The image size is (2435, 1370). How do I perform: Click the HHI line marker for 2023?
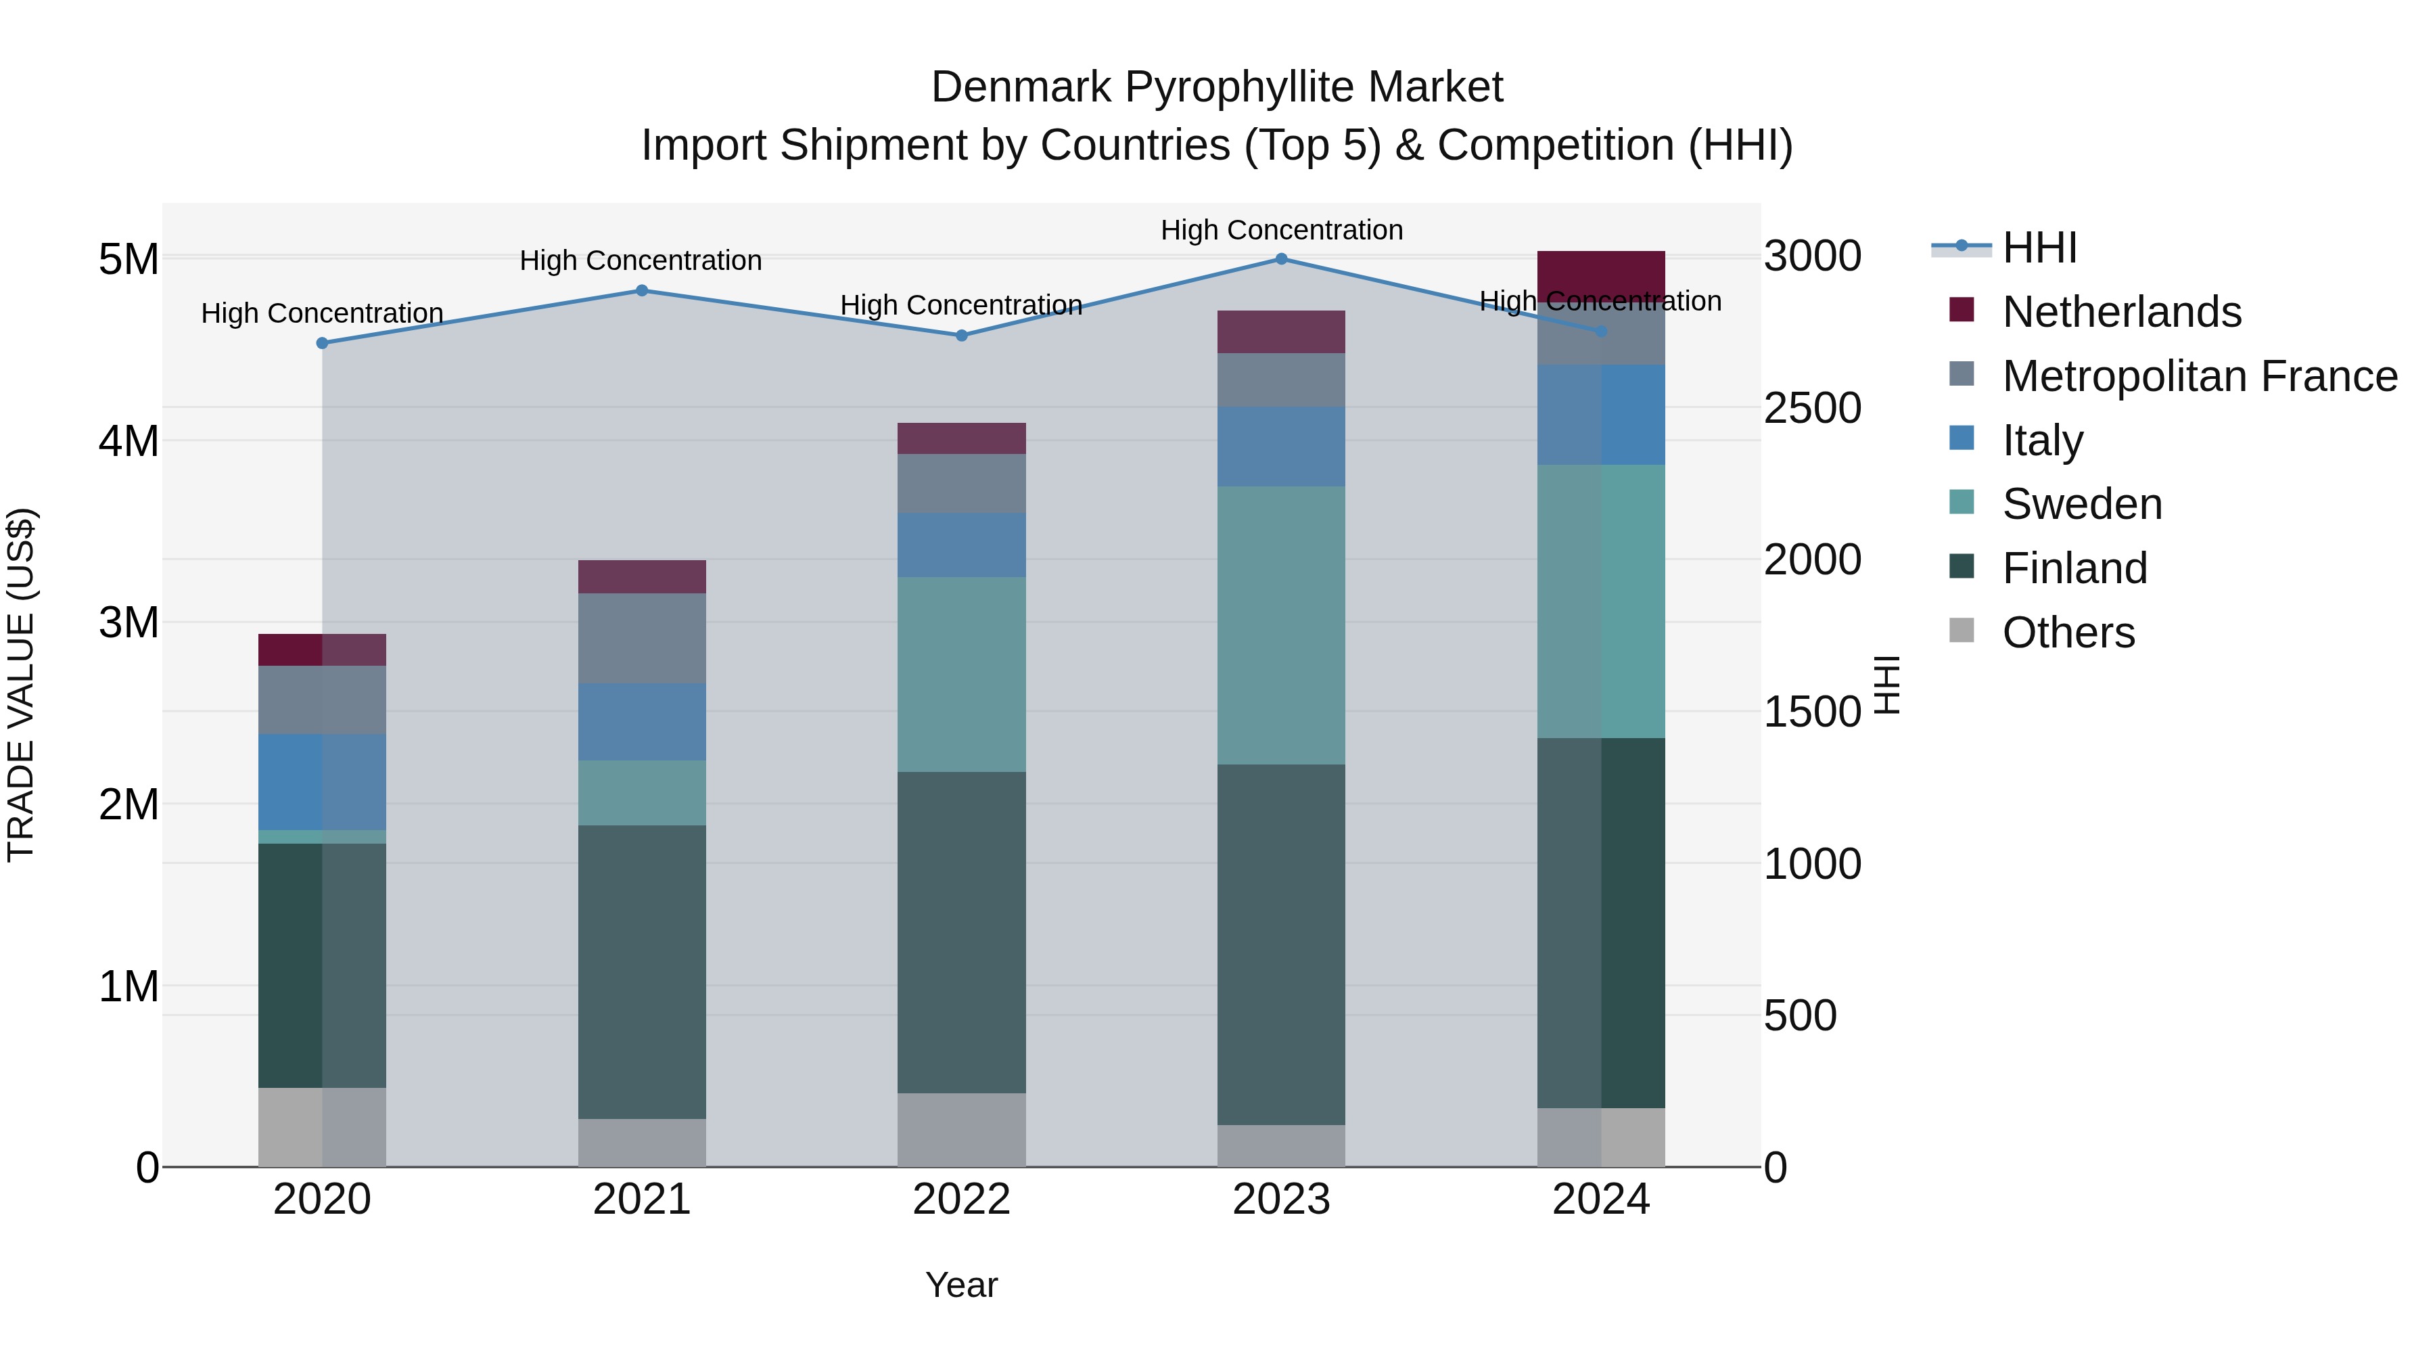(x=1281, y=258)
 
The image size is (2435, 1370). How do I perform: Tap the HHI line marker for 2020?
(x=323, y=343)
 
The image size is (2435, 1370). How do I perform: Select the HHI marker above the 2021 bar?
(x=642, y=290)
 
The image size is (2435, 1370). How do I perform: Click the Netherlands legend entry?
(x=2120, y=312)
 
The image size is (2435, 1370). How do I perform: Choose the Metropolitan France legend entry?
(x=2199, y=376)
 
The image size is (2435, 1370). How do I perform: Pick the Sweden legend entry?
(x=2081, y=504)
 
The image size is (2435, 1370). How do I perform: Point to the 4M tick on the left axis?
(x=129, y=440)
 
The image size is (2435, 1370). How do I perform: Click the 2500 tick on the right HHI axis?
(x=1812, y=409)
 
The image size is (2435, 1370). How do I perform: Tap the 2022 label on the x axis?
(x=961, y=1200)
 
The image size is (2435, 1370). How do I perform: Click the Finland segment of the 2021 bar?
(x=642, y=972)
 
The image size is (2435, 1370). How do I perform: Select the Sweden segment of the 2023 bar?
(x=1281, y=625)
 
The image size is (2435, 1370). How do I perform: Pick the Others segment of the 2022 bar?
(x=961, y=1130)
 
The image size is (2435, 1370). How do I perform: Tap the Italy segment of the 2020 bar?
(x=323, y=782)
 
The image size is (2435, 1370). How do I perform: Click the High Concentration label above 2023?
(x=1281, y=230)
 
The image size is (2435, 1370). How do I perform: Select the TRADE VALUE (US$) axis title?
(x=21, y=685)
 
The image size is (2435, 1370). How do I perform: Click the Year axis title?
(x=961, y=1285)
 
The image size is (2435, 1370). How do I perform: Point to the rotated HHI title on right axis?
(x=1886, y=685)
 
